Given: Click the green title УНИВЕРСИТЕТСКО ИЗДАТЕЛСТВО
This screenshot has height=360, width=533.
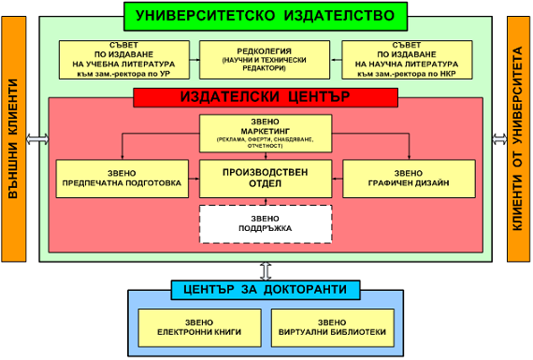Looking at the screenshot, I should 266,15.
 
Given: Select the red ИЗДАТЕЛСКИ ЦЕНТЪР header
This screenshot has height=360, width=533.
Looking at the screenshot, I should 266,96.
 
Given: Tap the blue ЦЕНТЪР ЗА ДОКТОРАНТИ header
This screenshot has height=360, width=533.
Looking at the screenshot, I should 266,290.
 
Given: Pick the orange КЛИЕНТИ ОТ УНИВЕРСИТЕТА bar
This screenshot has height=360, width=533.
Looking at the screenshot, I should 518,139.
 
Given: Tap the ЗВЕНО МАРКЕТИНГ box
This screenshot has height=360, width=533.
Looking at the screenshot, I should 266,132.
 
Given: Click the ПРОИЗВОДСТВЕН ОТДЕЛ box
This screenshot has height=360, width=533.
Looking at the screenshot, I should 266,178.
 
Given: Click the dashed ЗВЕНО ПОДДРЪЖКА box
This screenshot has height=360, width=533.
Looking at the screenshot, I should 266,223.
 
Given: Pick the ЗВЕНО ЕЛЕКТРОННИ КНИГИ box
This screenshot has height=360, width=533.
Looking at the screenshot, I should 194,326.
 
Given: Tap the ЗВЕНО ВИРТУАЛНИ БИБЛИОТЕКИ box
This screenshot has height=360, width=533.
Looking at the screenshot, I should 333,326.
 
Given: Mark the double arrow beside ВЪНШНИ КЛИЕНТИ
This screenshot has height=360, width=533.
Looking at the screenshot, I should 38,139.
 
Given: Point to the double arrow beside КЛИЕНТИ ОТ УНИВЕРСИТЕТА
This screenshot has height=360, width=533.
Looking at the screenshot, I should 496,139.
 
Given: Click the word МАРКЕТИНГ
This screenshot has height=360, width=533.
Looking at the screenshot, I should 266,132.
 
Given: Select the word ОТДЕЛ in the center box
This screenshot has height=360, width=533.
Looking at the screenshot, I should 266,183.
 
